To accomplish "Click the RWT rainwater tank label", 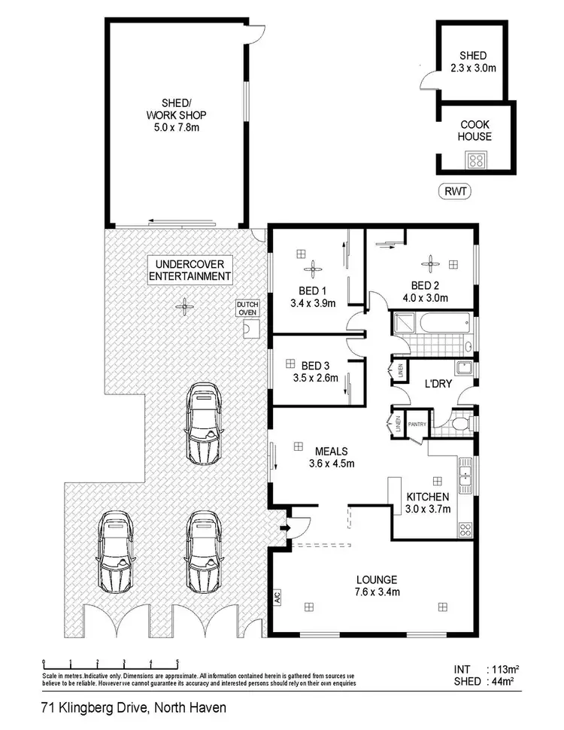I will point(454,191).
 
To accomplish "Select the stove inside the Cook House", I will point(477,160).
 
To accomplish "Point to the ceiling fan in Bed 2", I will point(429,262).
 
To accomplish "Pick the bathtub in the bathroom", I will point(430,324).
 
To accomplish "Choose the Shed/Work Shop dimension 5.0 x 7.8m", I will point(177,128).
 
